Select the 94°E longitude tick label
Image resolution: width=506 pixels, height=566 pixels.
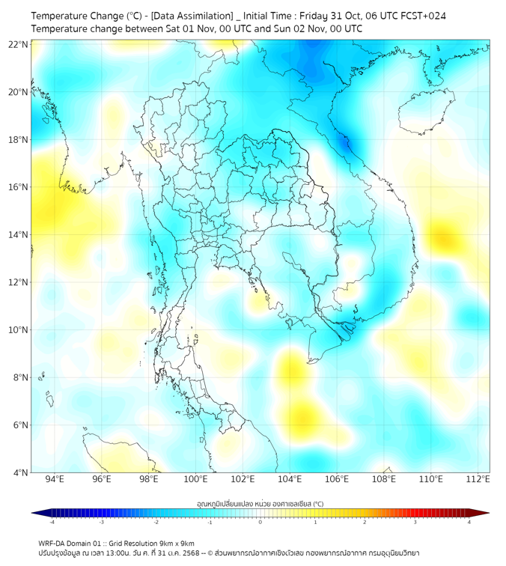[x=55, y=480]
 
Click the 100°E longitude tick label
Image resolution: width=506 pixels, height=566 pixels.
[x=196, y=480]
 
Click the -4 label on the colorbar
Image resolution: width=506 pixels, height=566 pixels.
[x=51, y=522]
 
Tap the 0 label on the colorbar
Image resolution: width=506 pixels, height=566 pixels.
[x=260, y=522]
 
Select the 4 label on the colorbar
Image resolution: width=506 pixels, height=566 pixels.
[x=469, y=522]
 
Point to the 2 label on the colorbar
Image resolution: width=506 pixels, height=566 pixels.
[x=365, y=522]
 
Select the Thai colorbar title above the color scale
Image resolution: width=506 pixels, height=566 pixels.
[x=260, y=504]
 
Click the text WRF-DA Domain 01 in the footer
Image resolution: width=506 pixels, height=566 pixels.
[x=73, y=543]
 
